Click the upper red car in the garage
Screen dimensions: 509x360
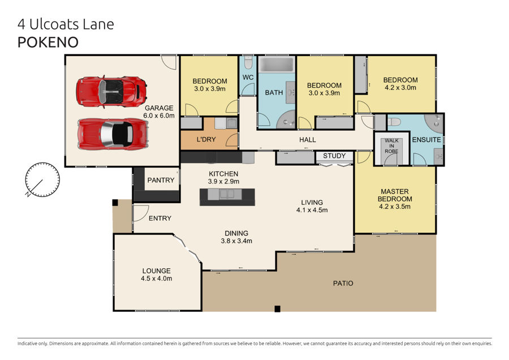(x=111, y=92)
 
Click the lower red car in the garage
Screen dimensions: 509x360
(x=113, y=134)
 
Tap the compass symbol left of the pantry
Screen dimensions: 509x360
(x=42, y=179)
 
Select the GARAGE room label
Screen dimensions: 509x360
(x=159, y=108)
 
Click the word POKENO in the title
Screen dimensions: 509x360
(x=48, y=42)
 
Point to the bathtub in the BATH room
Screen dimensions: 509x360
(x=277, y=64)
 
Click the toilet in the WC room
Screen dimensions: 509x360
(x=248, y=62)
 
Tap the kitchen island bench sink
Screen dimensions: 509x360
(x=227, y=194)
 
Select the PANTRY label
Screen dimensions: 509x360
(x=161, y=180)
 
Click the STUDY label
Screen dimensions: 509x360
(x=334, y=156)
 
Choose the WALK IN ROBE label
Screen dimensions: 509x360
(x=391, y=146)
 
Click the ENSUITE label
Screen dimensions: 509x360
(x=426, y=140)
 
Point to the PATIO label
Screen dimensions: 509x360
(x=343, y=284)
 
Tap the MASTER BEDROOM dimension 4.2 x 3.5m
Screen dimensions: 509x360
(x=395, y=207)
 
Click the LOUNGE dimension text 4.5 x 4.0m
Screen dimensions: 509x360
(x=157, y=278)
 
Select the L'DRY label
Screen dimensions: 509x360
(x=206, y=139)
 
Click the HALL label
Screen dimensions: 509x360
(x=308, y=140)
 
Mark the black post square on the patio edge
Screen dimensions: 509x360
(x=277, y=308)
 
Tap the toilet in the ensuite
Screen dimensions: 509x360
(x=394, y=122)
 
